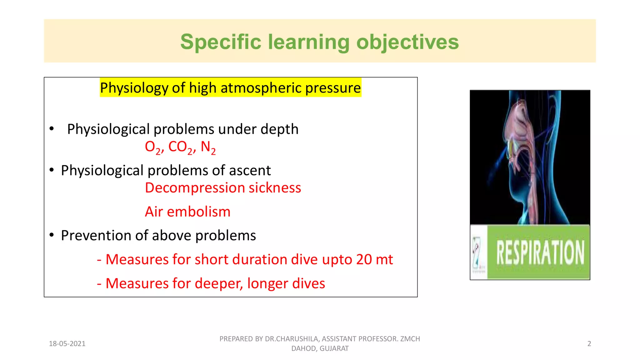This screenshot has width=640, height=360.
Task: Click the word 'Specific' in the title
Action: [220, 42]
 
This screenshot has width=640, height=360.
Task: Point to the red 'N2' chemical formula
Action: [208, 147]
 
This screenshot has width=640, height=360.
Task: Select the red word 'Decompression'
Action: [195, 188]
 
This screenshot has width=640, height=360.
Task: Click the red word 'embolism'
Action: [198, 212]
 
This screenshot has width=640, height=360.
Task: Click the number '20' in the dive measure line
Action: [364, 259]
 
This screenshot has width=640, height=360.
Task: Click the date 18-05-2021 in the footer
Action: [67, 344]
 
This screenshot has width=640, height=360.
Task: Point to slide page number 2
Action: [589, 344]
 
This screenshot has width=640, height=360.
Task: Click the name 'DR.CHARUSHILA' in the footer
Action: [291, 339]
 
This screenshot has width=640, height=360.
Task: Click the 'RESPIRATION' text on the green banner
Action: [540, 252]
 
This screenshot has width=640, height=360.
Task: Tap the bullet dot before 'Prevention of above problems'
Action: [52, 235]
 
